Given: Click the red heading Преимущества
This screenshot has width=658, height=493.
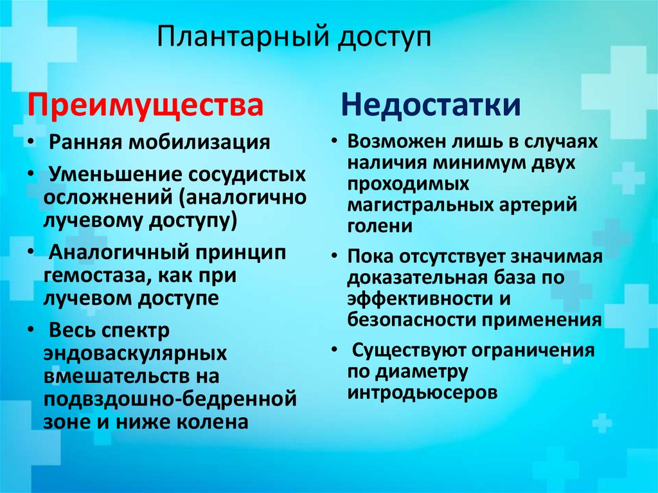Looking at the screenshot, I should [x=145, y=105].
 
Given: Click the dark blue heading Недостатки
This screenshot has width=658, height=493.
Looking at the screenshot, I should [x=430, y=105].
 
